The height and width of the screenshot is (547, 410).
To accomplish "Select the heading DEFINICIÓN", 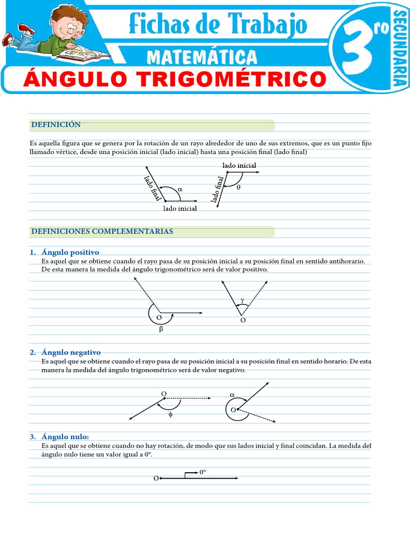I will pos(56,124).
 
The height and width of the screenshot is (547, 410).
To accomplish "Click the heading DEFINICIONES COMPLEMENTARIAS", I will pos(102,231).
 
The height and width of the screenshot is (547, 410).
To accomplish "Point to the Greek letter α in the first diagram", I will pos(180,189).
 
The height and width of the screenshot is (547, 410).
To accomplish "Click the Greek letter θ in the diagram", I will pos(238,187).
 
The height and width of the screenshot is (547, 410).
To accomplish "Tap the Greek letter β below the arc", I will pos(161,330).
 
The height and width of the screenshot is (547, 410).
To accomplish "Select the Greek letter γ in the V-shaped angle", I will pos(242,300).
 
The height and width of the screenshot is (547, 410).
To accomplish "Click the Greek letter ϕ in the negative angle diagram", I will pos(170,414).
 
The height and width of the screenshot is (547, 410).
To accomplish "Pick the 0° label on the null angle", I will pos(202,472).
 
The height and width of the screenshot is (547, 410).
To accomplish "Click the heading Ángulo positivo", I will pos(70,252).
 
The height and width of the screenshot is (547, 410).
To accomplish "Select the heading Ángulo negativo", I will pos(70,353).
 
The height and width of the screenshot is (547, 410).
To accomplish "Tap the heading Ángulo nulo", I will pos(65,437).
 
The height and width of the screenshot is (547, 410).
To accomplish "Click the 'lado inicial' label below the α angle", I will pos(180,208).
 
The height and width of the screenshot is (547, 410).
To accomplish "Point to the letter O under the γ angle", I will pos(243,320).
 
